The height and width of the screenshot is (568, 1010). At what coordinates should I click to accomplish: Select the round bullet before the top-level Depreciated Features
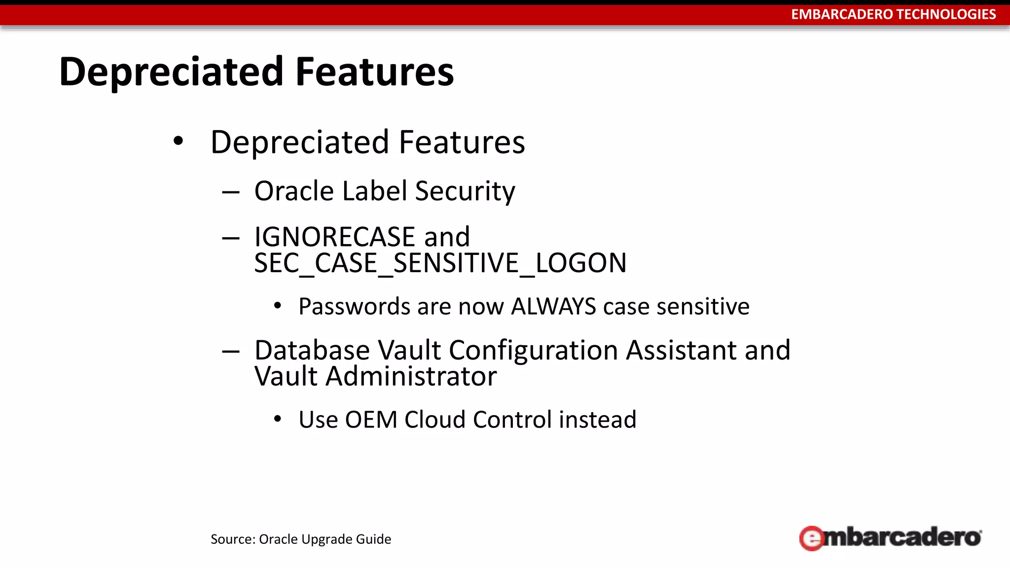point(179,142)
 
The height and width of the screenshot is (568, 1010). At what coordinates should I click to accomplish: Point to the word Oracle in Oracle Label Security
point(294,191)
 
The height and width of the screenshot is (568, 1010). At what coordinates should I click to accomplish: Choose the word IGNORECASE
point(335,237)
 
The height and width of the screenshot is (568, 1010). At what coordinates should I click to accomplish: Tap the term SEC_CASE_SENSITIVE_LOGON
point(440,263)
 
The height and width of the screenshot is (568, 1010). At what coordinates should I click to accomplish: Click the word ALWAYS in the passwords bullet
point(553,306)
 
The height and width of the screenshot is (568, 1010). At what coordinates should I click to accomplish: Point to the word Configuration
point(533,351)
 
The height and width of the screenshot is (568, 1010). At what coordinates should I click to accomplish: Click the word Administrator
point(411,377)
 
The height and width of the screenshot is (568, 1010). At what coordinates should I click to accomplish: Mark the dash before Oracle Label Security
point(230,192)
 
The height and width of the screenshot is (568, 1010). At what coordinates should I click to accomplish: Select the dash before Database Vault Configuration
point(230,351)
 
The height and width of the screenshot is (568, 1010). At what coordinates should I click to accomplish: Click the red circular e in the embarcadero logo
point(811,538)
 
